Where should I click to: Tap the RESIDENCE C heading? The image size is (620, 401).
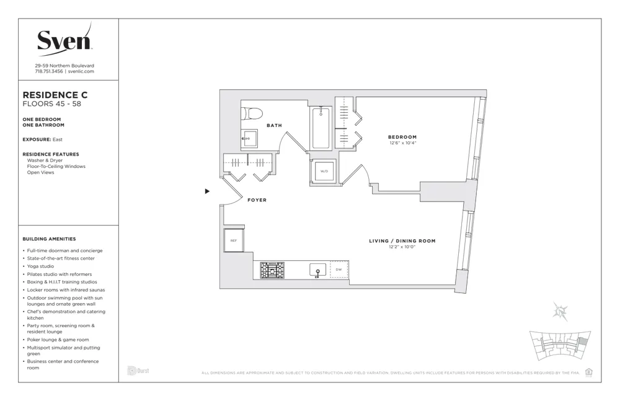click(x=55, y=95)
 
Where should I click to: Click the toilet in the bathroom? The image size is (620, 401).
click(x=252, y=113)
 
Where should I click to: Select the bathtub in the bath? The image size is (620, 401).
click(x=321, y=128)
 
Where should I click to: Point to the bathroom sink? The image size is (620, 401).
click(x=249, y=139)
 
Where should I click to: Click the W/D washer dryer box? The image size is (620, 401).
click(x=324, y=171)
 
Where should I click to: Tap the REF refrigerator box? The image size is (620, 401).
click(x=233, y=240)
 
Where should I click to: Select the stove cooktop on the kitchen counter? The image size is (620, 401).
click(x=272, y=270)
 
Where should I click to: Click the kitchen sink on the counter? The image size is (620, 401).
click(x=317, y=270)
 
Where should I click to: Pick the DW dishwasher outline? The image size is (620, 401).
click(x=339, y=270)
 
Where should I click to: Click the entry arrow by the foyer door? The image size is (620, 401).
click(x=207, y=192)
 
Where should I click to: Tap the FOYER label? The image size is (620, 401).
click(x=257, y=200)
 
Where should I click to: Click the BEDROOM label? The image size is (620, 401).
click(x=402, y=137)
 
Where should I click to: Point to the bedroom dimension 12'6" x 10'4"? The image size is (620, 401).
click(x=402, y=143)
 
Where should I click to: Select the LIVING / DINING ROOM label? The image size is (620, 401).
click(x=402, y=240)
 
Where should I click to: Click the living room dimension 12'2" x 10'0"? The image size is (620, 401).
click(x=402, y=247)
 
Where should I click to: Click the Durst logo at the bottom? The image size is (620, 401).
click(x=138, y=371)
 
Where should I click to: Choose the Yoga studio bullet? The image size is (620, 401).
click(x=40, y=266)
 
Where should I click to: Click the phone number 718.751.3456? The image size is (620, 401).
click(x=48, y=71)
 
